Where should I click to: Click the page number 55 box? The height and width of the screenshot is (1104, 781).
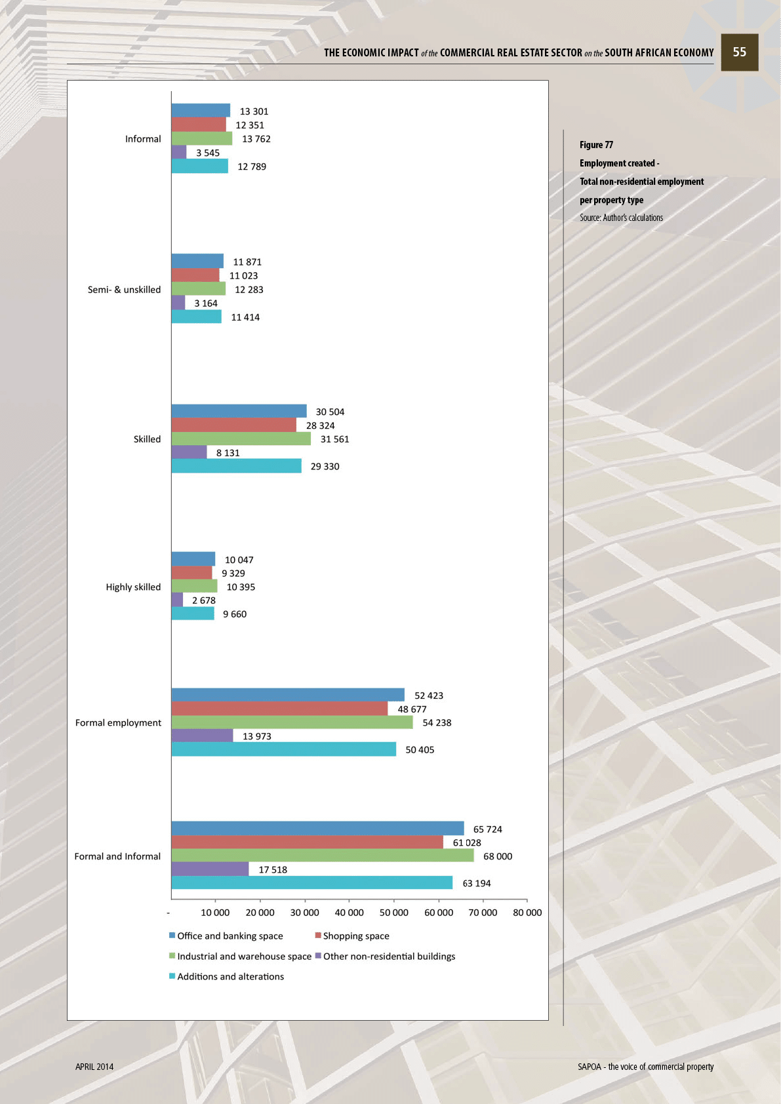point(739,52)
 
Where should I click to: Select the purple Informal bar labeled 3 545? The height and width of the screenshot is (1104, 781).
point(179,152)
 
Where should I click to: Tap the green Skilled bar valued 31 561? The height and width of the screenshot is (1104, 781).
point(241,439)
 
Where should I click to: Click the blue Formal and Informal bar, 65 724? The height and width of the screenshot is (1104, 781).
point(317,828)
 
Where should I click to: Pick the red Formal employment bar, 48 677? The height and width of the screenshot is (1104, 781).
point(279,709)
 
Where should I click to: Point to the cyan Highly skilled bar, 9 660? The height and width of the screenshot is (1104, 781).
point(193,614)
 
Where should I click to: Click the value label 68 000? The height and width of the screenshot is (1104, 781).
point(498,856)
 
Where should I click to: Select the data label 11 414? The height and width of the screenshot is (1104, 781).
point(245,317)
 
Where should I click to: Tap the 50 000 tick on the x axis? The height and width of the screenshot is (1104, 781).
point(393,913)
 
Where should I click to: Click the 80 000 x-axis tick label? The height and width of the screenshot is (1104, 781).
point(527,913)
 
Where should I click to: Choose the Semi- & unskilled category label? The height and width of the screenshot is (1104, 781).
point(124,290)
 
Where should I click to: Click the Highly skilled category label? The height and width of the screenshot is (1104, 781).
point(133,587)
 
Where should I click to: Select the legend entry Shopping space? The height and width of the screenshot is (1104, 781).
point(355,936)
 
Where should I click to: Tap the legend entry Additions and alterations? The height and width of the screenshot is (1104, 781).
point(230,977)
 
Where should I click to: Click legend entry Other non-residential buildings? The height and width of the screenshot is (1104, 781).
point(389,956)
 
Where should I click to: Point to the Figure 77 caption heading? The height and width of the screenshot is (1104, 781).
point(596,145)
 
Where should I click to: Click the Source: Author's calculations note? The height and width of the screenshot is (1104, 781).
point(621,218)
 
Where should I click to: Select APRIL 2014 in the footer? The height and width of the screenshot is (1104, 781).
point(94,1067)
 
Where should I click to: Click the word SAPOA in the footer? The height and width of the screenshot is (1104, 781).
point(589,1067)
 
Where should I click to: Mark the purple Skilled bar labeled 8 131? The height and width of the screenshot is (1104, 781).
point(189,452)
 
